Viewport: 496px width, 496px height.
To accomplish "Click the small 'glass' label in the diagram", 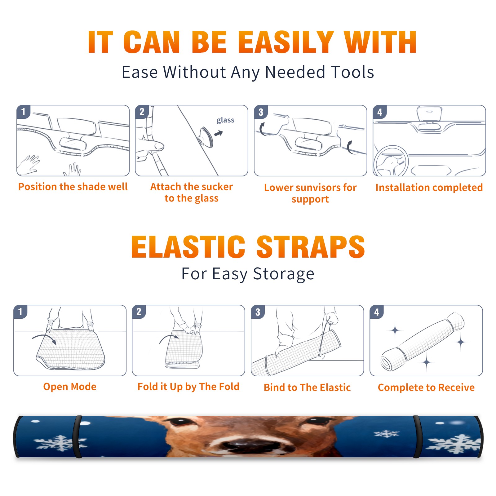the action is point(225,120).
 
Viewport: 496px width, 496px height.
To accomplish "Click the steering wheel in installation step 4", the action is point(391,161).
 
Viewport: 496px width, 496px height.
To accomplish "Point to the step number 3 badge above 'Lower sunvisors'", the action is point(261,112).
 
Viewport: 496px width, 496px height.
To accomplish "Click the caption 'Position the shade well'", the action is point(73,187).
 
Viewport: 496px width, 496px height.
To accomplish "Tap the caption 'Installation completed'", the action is point(429,187).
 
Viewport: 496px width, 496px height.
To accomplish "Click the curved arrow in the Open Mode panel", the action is point(45,339).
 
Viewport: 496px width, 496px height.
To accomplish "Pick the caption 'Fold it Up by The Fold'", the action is point(188,387).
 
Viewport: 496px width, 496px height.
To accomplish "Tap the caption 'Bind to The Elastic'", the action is point(307,387).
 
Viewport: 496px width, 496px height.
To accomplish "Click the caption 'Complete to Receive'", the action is point(426,387).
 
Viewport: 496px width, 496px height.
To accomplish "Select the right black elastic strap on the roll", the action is point(417,436).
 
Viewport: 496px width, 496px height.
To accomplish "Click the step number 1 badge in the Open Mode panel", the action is point(20,312).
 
